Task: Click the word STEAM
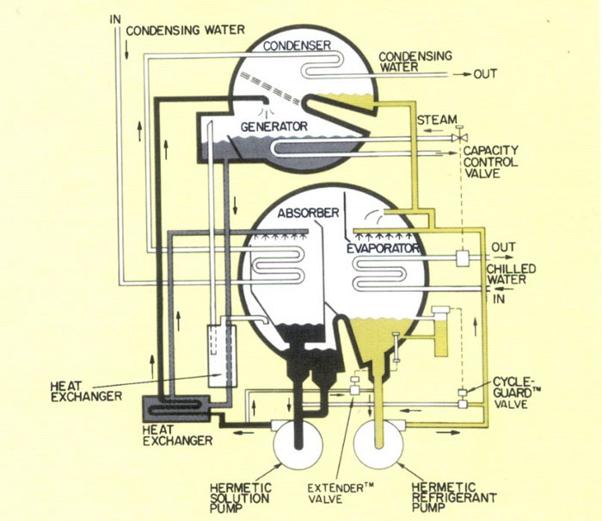point(436,119)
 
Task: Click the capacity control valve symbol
point(464,136)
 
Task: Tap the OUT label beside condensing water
point(485,74)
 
